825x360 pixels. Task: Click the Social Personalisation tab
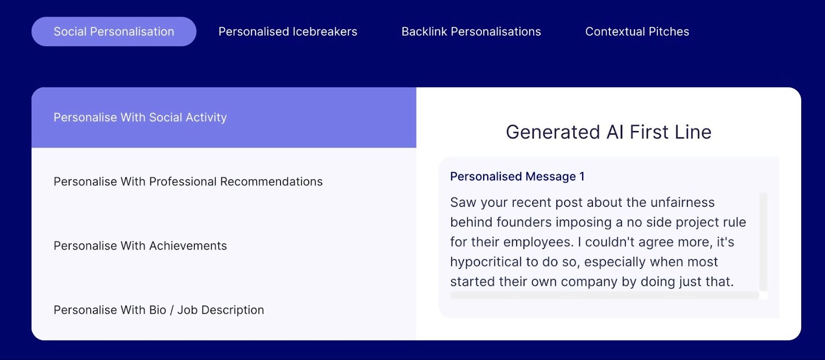click(x=114, y=31)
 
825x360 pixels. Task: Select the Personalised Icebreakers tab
click(x=288, y=31)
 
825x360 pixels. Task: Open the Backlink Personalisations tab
click(x=471, y=31)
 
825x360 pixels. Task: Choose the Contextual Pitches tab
click(x=637, y=31)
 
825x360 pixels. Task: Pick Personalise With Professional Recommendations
click(x=188, y=182)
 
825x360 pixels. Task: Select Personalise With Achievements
click(x=140, y=246)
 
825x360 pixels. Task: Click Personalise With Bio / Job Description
click(x=159, y=310)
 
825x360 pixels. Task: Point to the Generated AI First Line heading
click(x=608, y=132)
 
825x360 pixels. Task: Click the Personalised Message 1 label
click(x=517, y=176)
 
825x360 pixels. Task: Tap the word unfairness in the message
click(x=682, y=202)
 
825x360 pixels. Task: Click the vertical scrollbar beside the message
click(x=764, y=242)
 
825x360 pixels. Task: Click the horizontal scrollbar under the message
click(x=604, y=295)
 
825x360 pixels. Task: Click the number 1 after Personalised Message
click(x=582, y=176)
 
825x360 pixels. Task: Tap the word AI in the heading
click(x=615, y=132)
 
